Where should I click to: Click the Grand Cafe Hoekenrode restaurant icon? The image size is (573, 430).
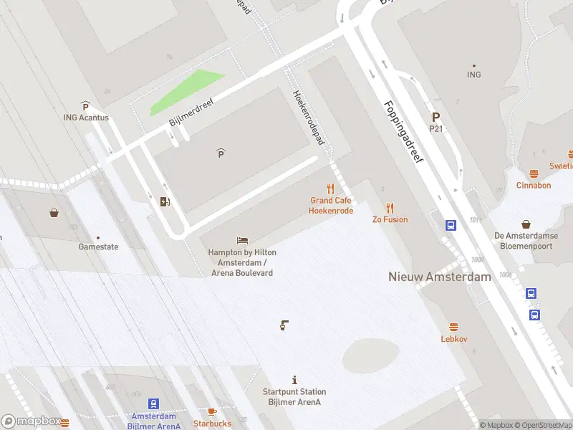point(330,189)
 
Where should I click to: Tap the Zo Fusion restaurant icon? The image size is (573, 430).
point(390,209)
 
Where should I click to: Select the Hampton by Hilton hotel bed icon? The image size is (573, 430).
point(242,241)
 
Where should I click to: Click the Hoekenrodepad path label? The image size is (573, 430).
point(309,118)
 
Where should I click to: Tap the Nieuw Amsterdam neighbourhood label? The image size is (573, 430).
point(439,277)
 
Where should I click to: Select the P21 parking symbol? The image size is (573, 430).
point(435,118)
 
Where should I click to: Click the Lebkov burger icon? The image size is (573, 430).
point(453,327)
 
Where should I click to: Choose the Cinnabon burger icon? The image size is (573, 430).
point(534,173)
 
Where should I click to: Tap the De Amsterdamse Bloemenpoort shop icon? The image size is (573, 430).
point(526,224)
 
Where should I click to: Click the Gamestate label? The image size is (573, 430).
point(98,247)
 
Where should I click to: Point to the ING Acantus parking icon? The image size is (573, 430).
point(85,106)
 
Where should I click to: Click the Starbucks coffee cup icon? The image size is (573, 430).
point(211,411)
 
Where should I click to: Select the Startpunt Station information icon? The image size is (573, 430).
point(294,380)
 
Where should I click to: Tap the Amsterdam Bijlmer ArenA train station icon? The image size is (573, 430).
point(153,404)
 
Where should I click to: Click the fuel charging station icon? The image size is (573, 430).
point(165,201)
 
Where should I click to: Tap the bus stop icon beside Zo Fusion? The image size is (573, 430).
point(451,225)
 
